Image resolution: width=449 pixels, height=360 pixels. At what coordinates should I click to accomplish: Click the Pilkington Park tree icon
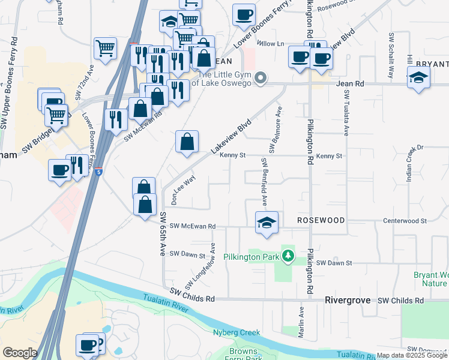[x=289, y=257]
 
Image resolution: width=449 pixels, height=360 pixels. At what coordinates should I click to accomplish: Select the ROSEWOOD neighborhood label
[x=321, y=220]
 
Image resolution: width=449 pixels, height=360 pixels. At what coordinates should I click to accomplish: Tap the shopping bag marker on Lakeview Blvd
[x=187, y=143]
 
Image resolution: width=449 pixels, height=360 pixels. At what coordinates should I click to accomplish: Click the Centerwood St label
[x=405, y=221]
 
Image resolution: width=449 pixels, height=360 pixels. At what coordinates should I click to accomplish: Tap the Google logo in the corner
[x=20, y=353]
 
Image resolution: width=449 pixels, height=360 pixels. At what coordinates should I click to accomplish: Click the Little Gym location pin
[x=261, y=78]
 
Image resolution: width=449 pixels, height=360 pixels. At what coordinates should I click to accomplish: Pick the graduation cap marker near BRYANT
[x=418, y=78]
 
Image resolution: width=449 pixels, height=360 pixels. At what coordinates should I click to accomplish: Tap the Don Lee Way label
[x=183, y=190]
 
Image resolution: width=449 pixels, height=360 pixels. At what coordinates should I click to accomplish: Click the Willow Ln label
[x=270, y=44]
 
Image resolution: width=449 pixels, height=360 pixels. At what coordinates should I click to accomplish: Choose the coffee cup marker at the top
[x=243, y=15]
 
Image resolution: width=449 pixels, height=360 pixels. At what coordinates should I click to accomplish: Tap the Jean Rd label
[x=351, y=85]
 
